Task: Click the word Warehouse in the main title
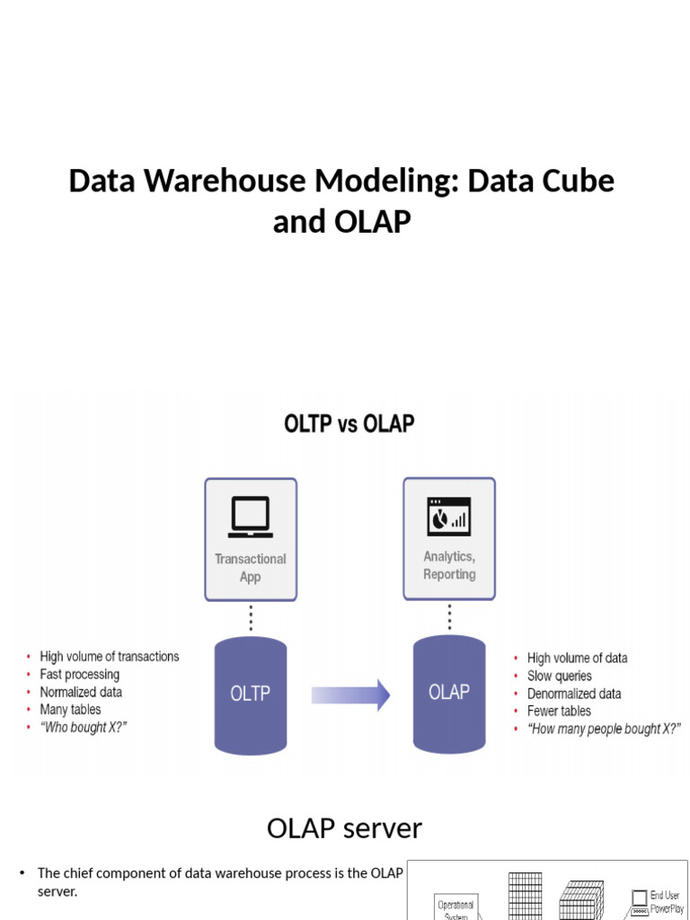[226, 181]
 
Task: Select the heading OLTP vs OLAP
[349, 423]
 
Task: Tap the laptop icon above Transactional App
[251, 516]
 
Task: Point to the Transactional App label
[251, 568]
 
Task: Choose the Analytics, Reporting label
[449, 565]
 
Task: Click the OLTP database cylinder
[251, 694]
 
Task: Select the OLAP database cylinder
[448, 693]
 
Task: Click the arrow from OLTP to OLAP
[350, 694]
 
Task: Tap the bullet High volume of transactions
[109, 657]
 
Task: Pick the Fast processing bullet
[79, 675]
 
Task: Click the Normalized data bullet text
[81, 693]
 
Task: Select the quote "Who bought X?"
[83, 728]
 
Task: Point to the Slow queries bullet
[560, 676]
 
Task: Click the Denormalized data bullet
[573, 694]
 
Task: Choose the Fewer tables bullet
[559, 712]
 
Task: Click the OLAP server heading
[344, 828]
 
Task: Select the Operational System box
[456, 907]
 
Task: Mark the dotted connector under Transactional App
[251, 618]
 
